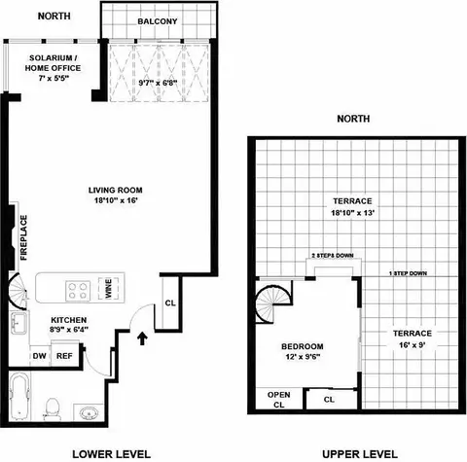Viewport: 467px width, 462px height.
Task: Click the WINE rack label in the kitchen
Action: pos(108,289)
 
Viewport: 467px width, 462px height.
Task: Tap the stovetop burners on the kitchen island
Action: pos(77,289)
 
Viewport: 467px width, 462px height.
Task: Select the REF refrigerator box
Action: pos(64,356)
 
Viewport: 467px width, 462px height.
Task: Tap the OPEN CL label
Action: pos(278,399)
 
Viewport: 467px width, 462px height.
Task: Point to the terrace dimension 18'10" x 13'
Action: pos(352,211)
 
